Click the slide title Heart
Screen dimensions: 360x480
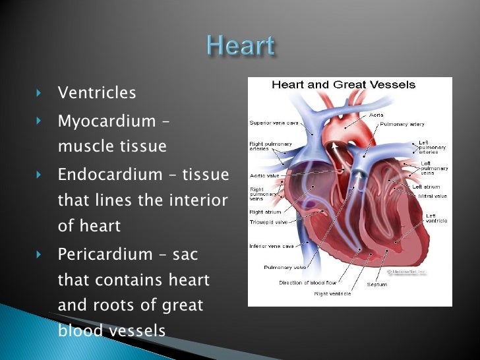point(239,47)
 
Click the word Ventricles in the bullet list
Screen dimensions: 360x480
point(97,93)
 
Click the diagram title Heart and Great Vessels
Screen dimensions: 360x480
point(344,85)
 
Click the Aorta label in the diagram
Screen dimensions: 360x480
point(376,115)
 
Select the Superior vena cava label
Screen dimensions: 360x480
point(273,123)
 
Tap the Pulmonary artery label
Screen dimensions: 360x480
point(402,124)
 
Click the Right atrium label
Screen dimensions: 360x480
point(265,212)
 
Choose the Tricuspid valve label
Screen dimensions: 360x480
point(270,222)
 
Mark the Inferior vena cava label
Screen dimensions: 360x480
point(270,247)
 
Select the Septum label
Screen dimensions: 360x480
point(376,285)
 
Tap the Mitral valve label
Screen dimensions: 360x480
point(432,196)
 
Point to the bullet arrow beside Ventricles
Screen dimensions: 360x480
point(39,93)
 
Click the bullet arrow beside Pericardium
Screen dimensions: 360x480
point(39,254)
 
